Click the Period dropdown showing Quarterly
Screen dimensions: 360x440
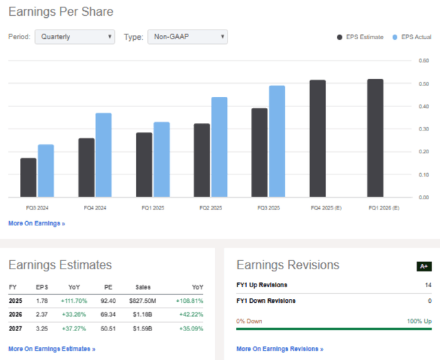pyautogui.click(x=75, y=36)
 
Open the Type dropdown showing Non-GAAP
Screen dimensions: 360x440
pyautogui.click(x=187, y=36)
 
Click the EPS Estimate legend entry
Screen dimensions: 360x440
pyautogui.click(x=361, y=37)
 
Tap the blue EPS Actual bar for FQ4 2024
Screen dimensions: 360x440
pyautogui.click(x=103, y=155)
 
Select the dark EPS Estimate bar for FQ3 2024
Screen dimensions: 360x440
pyautogui.click(x=29, y=177)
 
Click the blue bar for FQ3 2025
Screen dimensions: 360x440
pyautogui.click(x=276, y=141)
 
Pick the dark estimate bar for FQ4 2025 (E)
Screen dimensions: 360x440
pyautogui.click(x=318, y=138)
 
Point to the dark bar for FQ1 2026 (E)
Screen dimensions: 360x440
pyautogui.click(x=375, y=137)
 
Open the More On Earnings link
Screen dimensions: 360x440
pyautogui.click(x=36, y=223)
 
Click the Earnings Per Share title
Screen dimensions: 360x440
pyautogui.click(x=60, y=12)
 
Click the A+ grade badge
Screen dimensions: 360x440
pyautogui.click(x=424, y=266)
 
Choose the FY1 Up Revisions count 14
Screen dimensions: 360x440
pyautogui.click(x=428, y=285)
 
